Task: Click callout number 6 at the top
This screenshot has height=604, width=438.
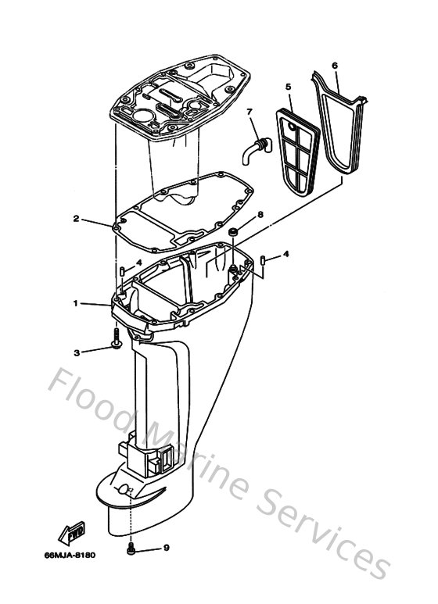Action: (x=334, y=66)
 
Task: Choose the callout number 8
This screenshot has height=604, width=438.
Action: (x=260, y=214)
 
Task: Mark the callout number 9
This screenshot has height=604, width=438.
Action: (x=166, y=548)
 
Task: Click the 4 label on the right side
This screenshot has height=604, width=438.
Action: (x=286, y=254)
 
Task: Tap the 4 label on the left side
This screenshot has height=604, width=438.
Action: (x=138, y=263)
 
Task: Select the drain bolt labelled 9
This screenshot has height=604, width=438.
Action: (x=131, y=549)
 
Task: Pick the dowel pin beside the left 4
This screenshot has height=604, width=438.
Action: (x=123, y=271)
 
